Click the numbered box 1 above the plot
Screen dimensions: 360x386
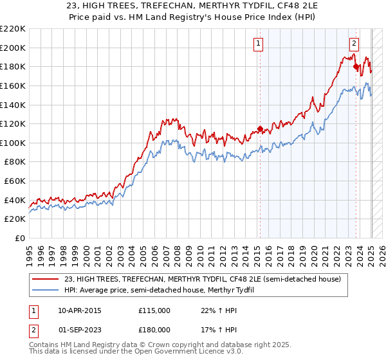[x=258, y=44]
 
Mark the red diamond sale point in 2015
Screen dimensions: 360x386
[x=260, y=129]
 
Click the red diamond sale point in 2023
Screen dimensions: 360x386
[x=356, y=66]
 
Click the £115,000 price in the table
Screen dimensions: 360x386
[x=154, y=310]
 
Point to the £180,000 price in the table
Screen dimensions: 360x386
[x=154, y=329]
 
